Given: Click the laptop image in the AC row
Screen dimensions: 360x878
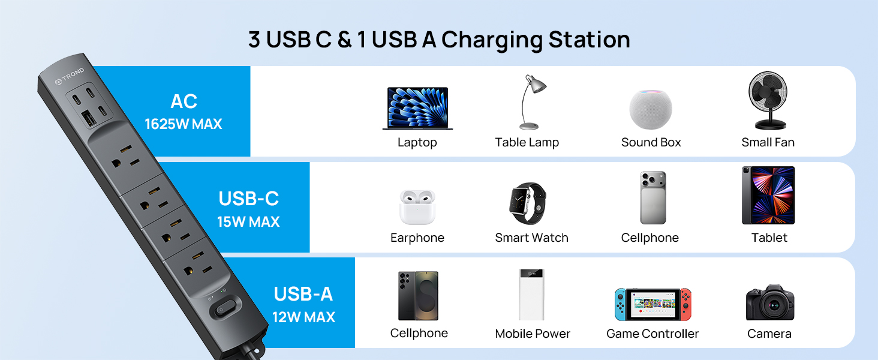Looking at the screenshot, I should (417, 109).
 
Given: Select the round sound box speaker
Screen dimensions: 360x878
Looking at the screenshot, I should (651, 109).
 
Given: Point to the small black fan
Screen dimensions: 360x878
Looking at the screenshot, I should (768, 101).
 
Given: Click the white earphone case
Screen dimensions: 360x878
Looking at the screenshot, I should (417, 207).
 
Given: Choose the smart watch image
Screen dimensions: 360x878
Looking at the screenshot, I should (528, 203).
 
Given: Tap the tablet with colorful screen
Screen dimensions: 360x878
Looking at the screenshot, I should (768, 196).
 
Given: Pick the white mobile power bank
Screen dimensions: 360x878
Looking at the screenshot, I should (531, 294).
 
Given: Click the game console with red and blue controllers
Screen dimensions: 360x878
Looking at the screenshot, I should (653, 304).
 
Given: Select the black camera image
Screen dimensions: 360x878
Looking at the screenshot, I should (770, 302).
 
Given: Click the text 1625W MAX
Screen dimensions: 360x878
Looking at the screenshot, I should (184, 124).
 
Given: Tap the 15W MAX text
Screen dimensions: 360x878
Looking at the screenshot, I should (248, 221).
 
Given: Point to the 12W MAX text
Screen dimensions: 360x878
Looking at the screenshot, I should (303, 317).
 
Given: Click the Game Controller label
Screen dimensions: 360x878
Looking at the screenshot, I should (653, 334).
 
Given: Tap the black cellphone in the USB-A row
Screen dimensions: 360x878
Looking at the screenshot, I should (419, 296).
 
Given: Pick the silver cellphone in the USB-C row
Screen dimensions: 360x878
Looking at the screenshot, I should (653, 198).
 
